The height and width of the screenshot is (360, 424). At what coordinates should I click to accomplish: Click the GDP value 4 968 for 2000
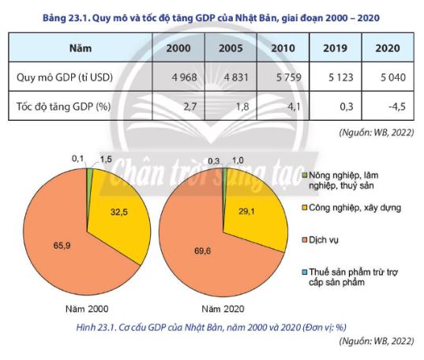[x=181, y=77]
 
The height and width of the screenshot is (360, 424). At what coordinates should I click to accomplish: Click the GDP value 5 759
[x=282, y=77]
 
